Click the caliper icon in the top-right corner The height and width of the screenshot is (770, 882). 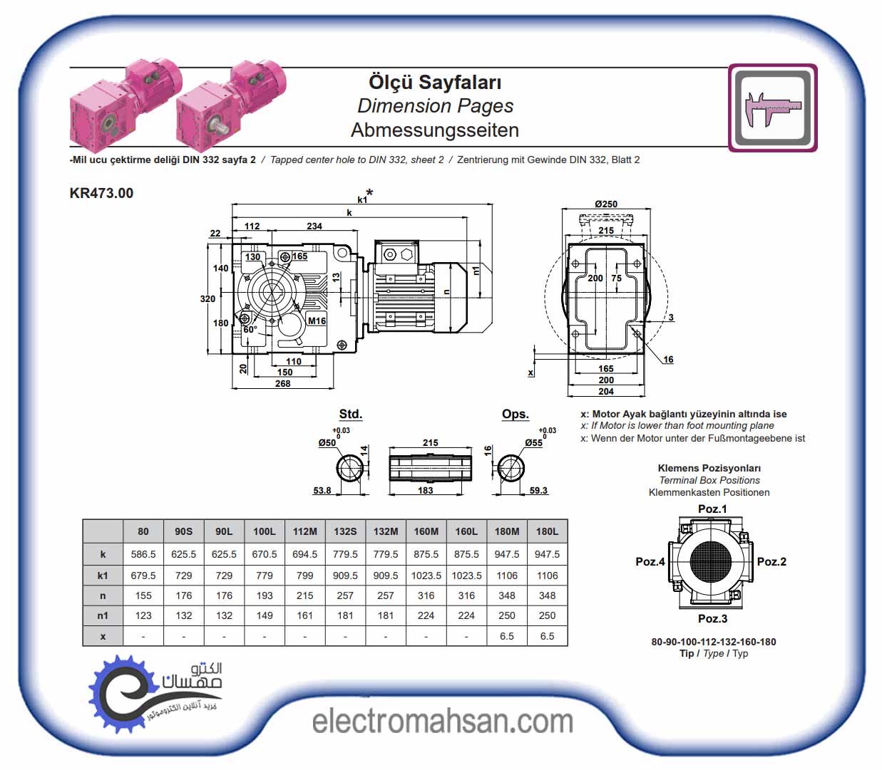(x=772, y=108)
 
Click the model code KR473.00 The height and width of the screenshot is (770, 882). (x=101, y=193)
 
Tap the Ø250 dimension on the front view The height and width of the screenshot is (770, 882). (x=606, y=204)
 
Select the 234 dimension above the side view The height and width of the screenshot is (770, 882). (x=314, y=227)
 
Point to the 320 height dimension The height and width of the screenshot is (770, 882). (x=207, y=299)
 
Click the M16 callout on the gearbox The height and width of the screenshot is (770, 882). (x=317, y=321)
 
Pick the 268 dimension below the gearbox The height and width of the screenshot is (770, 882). (x=283, y=384)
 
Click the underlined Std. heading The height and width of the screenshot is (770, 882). (x=350, y=415)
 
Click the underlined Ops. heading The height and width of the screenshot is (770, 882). (x=515, y=415)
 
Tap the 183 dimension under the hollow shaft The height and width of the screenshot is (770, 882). (x=426, y=491)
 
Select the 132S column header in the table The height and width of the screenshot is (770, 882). (x=345, y=531)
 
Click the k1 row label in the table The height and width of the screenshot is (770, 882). (x=103, y=576)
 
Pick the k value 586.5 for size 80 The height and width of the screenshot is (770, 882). (x=143, y=554)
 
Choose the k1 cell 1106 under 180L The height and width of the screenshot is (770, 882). (x=547, y=576)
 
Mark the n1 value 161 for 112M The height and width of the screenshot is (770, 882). (x=305, y=615)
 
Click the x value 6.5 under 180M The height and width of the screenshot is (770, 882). (x=507, y=636)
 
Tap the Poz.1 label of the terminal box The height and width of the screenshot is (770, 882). (x=712, y=509)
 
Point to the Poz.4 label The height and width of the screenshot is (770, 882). (x=650, y=562)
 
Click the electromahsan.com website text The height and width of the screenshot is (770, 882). (x=442, y=722)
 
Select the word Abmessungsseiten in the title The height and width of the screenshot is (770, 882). (x=435, y=130)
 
